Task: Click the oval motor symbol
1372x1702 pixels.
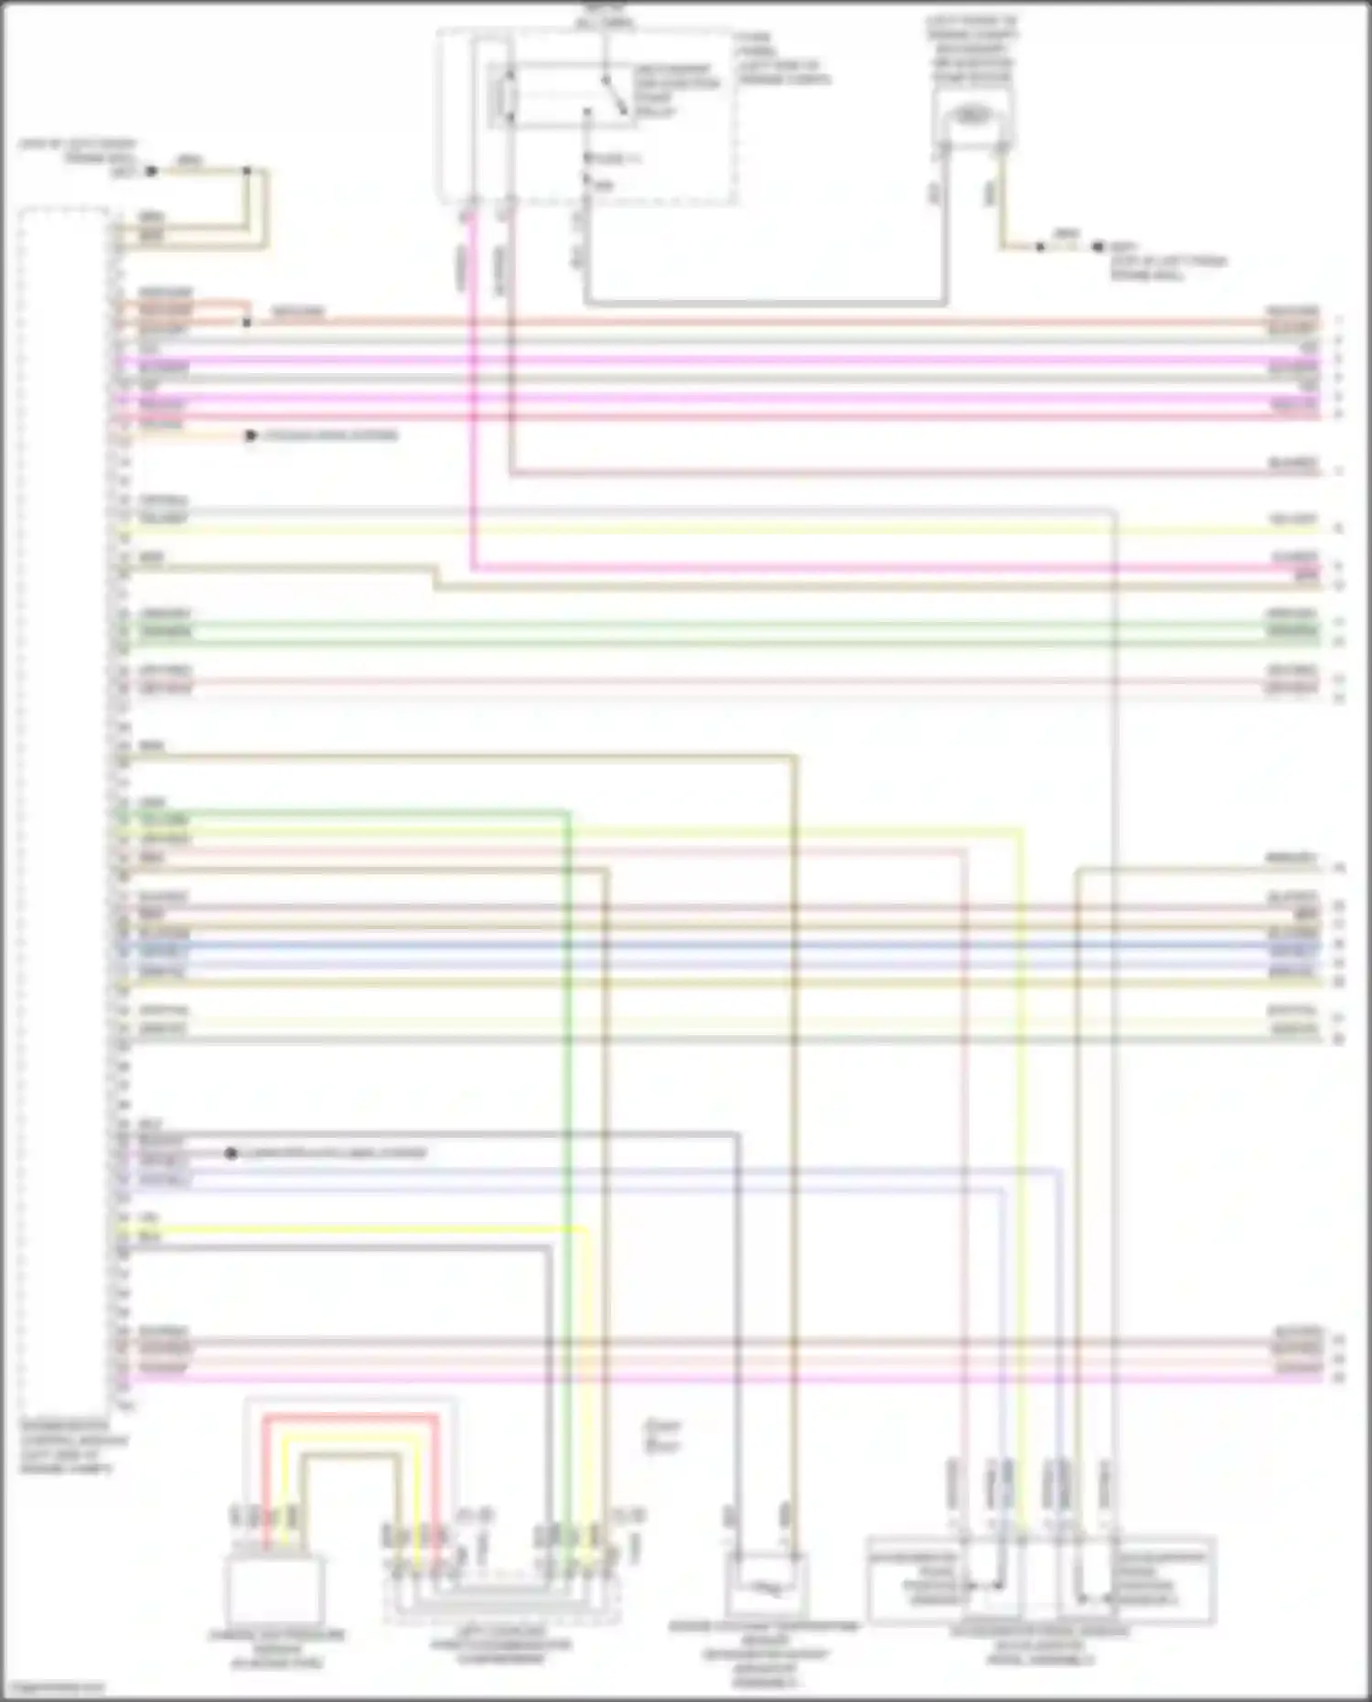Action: coord(972,116)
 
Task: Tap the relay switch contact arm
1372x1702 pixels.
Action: coord(615,95)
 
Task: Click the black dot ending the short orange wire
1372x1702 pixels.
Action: coord(251,436)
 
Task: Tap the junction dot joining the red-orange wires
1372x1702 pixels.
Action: coord(246,322)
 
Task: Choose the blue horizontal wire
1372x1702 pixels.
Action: coord(732,946)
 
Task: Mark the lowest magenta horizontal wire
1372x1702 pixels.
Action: coord(732,1377)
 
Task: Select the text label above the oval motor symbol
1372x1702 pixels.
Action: coord(972,49)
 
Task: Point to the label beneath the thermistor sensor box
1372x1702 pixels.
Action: coord(765,1654)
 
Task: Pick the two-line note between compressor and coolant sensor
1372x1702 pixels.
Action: coord(662,1435)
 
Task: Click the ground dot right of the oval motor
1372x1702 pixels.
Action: coord(1099,247)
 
